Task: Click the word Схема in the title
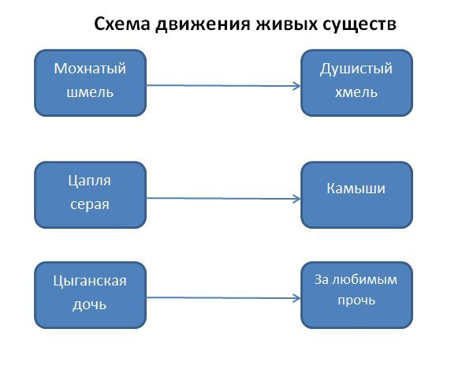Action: pyautogui.click(x=122, y=24)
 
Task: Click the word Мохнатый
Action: pyautogui.click(x=90, y=69)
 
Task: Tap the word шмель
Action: pyautogui.click(x=90, y=92)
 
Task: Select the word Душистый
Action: pyautogui.click(x=356, y=69)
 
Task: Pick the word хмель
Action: pyautogui.click(x=356, y=92)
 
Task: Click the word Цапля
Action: pyautogui.click(x=90, y=181)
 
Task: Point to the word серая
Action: pyautogui.click(x=90, y=204)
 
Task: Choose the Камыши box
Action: pyautogui.click(x=356, y=195)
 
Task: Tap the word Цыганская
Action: pyautogui.click(x=90, y=281)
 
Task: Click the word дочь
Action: pyautogui.click(x=90, y=304)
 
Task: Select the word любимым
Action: pyautogui.click(x=364, y=280)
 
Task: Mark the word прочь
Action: pyautogui.click(x=356, y=301)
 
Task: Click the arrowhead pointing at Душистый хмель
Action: pyautogui.click(x=297, y=86)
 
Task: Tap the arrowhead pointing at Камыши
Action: pyautogui.click(x=297, y=199)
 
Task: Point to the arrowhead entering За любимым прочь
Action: pyautogui.click(x=297, y=298)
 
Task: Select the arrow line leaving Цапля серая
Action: pyautogui.click(x=224, y=198)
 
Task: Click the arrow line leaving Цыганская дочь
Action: pyautogui.click(x=224, y=298)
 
